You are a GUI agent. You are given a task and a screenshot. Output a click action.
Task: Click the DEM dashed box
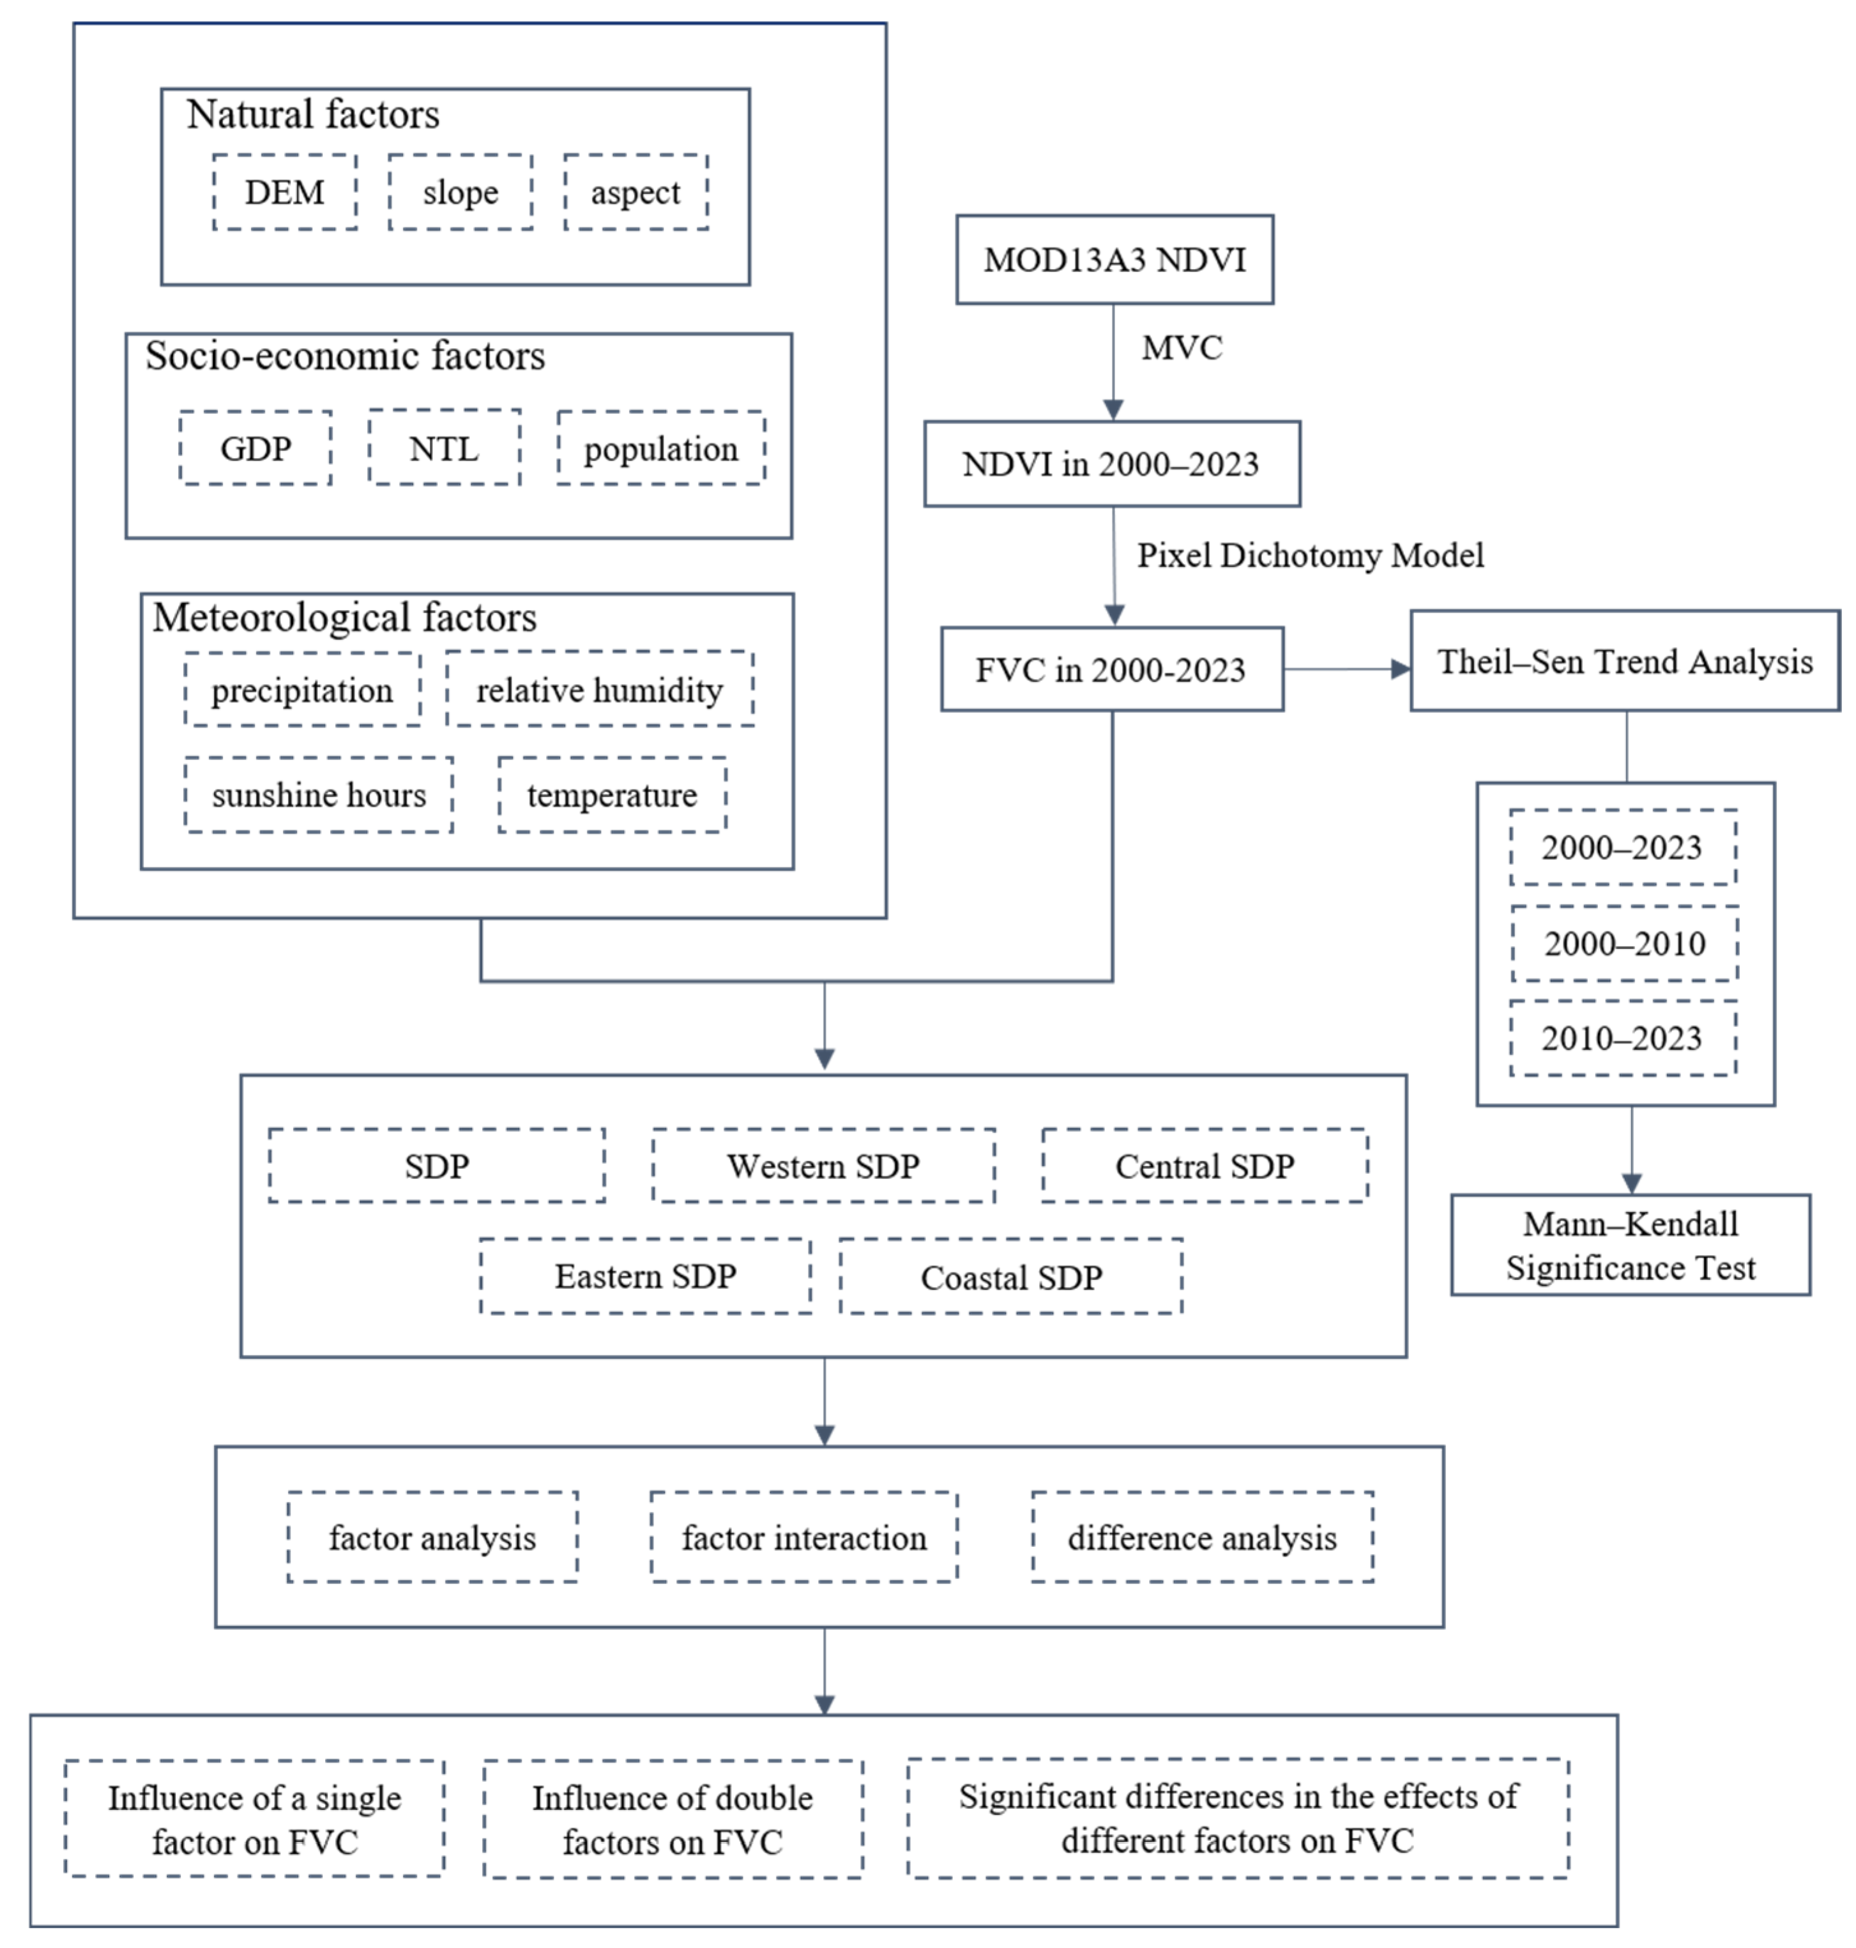(x=285, y=192)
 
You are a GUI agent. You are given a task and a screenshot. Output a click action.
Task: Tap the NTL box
(x=445, y=448)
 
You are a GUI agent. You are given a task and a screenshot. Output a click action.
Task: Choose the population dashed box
(x=661, y=448)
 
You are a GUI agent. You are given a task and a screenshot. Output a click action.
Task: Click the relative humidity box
(x=600, y=690)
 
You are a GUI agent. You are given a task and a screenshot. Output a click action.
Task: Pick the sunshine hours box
(x=319, y=795)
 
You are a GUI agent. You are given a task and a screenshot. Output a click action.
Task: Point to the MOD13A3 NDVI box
(x=1114, y=260)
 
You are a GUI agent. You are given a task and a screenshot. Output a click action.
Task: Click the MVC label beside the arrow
(x=1182, y=348)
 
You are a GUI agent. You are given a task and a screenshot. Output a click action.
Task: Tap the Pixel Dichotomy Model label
(x=1310, y=555)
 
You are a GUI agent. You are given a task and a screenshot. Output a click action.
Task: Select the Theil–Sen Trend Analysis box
(x=1625, y=661)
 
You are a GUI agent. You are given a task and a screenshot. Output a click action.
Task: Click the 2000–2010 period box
(x=1625, y=943)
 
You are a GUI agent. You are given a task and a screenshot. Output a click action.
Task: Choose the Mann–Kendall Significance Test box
(x=1631, y=1245)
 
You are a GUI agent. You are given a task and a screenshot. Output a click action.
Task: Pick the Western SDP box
(x=823, y=1166)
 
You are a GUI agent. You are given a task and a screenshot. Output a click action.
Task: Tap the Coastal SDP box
(x=1011, y=1276)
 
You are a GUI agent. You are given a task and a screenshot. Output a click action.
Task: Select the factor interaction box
(x=803, y=1537)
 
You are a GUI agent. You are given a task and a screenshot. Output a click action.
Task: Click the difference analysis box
(x=1202, y=1537)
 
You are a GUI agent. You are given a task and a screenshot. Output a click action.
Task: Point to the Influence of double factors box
(x=673, y=1818)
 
